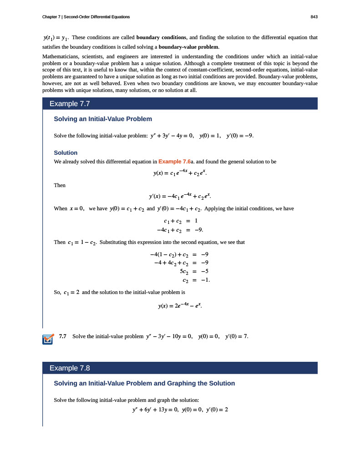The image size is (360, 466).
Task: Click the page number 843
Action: click(x=314, y=17)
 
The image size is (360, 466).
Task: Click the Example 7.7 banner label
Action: click(x=69, y=104)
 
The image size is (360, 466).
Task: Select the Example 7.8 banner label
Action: click(x=69, y=368)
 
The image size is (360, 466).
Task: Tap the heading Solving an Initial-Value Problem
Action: click(x=103, y=119)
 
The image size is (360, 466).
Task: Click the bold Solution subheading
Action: click(x=66, y=152)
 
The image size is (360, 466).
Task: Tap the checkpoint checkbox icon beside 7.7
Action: click(x=47, y=339)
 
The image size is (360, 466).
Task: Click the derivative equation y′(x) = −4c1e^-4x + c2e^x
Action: click(x=180, y=197)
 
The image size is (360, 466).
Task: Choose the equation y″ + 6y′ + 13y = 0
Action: click(x=153, y=410)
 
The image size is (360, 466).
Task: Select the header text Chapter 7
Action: click(x=51, y=17)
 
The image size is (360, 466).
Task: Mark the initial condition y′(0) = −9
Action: click(x=239, y=135)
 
